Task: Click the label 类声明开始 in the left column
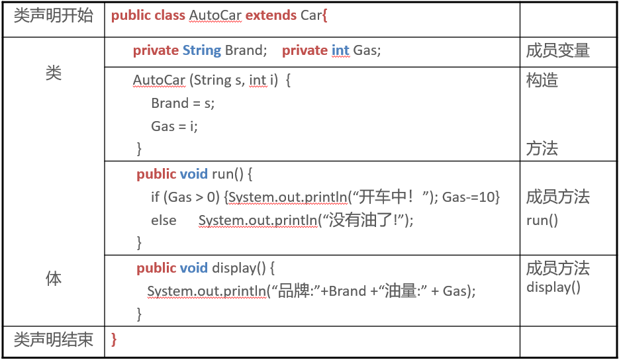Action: (x=54, y=16)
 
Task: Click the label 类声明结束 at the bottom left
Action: (x=54, y=340)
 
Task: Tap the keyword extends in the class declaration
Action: (x=271, y=15)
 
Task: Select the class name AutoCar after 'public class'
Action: (x=215, y=15)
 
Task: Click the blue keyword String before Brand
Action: (x=202, y=50)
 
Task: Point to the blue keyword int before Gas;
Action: (x=340, y=50)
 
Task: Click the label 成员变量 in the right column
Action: (x=557, y=50)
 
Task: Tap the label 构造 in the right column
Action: (x=542, y=81)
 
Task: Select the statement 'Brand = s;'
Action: (x=183, y=103)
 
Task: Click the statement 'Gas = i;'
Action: (x=174, y=126)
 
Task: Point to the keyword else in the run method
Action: (x=164, y=220)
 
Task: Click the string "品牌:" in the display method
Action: (x=295, y=291)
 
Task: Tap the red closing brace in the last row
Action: (x=114, y=340)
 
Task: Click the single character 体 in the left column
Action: (x=54, y=279)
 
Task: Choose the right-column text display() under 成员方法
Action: (x=553, y=287)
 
